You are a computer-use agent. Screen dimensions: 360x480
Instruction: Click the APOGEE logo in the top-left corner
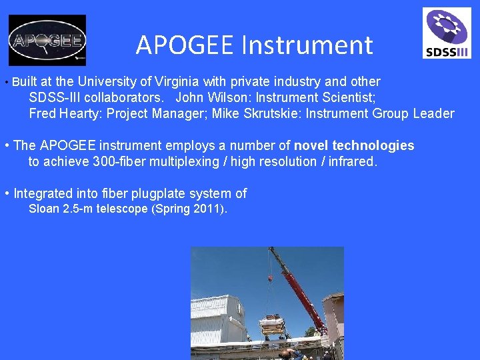click(47, 40)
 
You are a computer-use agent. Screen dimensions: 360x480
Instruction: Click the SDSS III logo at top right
click(447, 33)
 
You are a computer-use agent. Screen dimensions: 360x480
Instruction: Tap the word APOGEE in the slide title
click(185, 45)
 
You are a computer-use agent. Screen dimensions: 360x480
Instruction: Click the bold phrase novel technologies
click(354, 145)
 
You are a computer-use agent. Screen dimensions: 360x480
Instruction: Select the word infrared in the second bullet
click(353, 161)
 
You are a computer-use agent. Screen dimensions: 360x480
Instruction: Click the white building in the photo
click(220, 320)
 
